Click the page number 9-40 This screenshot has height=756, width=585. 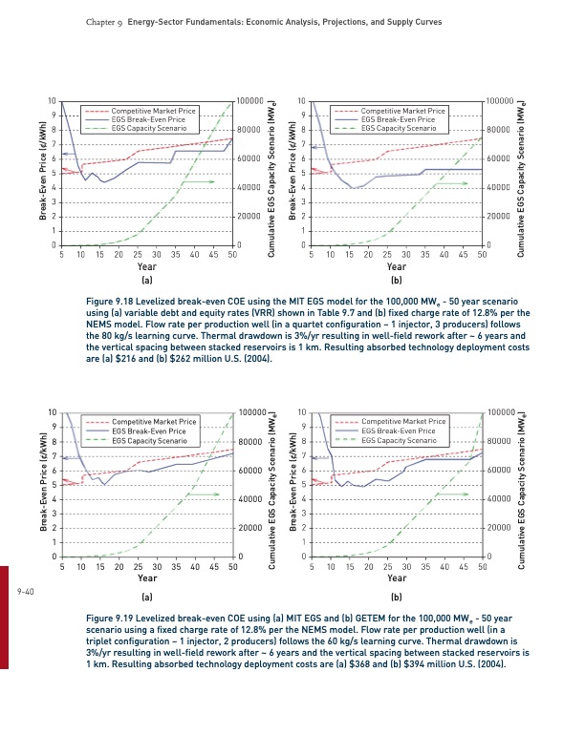point(26,593)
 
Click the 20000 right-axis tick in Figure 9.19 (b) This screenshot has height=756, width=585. point(501,528)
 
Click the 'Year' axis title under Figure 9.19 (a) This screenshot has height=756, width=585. point(147,578)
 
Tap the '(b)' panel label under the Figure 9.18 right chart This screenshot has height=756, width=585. point(397,283)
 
